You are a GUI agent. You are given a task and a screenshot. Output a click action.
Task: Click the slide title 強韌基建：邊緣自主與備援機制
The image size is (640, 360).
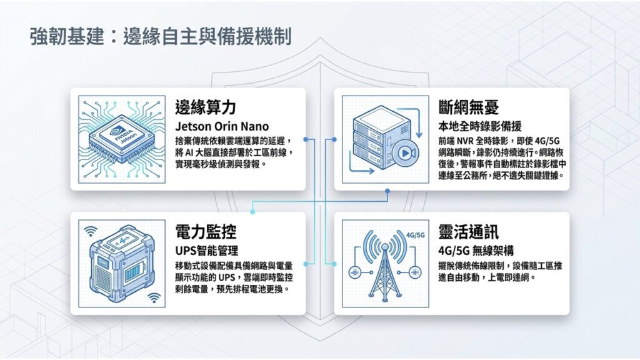pos(161,37)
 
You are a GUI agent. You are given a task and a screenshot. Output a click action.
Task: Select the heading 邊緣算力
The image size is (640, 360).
pos(206,107)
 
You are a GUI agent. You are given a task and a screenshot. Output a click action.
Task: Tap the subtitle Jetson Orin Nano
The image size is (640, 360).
pos(222,126)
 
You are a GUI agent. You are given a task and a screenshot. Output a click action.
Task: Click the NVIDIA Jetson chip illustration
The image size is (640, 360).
pos(122,139)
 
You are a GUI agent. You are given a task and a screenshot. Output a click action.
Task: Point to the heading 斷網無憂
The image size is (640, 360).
pos(469,107)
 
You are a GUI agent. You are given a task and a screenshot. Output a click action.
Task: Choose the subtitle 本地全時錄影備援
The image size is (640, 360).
pos(480,126)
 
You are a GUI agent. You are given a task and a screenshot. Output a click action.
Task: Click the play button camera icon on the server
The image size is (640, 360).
pos(406,153)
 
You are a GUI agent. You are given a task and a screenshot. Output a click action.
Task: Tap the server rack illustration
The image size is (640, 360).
pos(382,138)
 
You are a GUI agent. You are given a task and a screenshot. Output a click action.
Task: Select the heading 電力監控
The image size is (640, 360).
pos(206,232)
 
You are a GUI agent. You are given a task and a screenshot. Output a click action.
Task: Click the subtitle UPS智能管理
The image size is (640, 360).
pos(206,251)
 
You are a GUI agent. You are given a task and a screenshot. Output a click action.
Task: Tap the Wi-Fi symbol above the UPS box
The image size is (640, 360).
pos(91,231)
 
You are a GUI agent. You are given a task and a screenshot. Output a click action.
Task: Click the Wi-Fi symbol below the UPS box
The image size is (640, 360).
pos(154,298)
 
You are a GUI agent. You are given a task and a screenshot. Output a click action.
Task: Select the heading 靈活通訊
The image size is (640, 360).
pos(469,232)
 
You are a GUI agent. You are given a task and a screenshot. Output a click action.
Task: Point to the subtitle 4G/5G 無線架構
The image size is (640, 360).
pos(476,251)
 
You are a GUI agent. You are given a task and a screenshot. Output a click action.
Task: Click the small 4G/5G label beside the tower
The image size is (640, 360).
pos(416,235)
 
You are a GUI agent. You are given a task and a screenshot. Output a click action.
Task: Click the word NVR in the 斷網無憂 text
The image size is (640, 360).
pos(465,141)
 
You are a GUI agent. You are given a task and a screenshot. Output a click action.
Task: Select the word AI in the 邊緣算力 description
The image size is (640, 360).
pos(189,152)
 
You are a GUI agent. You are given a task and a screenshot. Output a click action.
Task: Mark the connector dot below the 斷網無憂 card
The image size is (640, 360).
pos(387,191)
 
